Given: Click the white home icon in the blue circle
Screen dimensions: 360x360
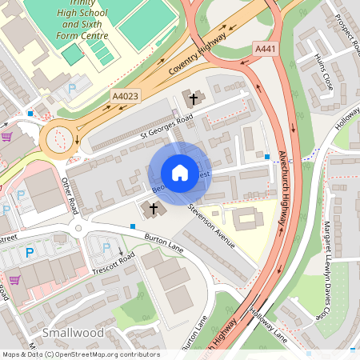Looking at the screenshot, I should (180, 173).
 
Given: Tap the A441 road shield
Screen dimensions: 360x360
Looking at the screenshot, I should (266, 50).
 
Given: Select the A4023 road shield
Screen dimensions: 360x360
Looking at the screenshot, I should (124, 96).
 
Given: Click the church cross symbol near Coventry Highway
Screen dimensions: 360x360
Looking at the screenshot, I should (192, 98).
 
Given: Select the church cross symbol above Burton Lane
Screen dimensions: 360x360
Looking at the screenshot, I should (150, 210).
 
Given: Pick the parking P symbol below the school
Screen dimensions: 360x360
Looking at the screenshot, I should (72, 89).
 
